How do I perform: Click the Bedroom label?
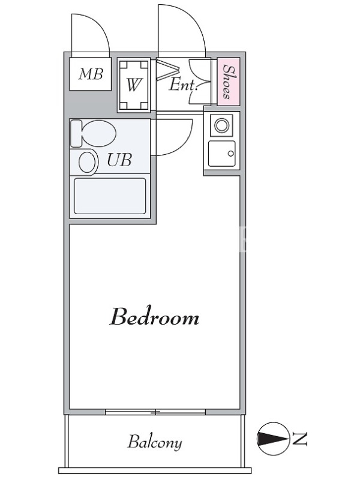(x=154, y=317)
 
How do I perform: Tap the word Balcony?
(x=155, y=442)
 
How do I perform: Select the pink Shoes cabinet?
(x=229, y=82)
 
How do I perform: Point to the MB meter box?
(x=91, y=74)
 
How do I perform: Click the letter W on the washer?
(x=134, y=85)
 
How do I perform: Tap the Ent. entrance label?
(x=183, y=85)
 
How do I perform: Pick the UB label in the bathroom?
(x=119, y=160)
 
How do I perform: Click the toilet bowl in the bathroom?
(x=98, y=134)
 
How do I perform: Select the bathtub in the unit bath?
(x=110, y=196)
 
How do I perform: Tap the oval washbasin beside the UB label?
(x=88, y=162)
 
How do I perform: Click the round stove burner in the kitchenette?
(x=221, y=125)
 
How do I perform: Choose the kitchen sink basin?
(x=221, y=154)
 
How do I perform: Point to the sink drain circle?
(x=231, y=154)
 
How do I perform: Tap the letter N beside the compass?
(x=299, y=439)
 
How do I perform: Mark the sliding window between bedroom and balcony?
(x=155, y=412)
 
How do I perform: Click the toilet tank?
(x=76, y=133)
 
